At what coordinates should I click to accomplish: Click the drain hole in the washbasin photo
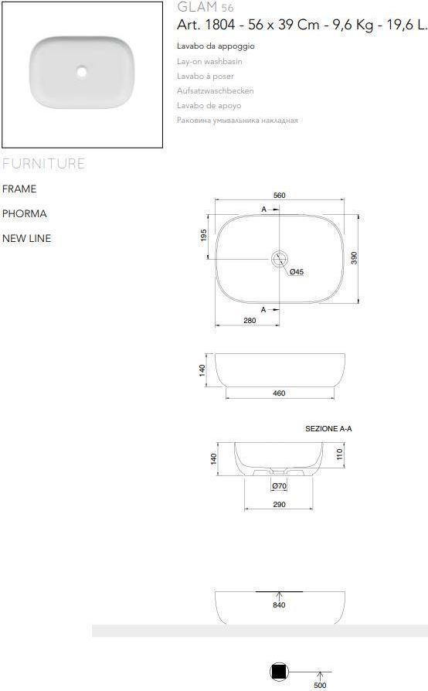82,72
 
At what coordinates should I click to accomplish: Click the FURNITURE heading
43,164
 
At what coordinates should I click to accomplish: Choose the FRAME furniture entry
19,189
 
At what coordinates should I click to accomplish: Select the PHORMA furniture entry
24,213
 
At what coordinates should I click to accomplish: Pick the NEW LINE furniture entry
26,238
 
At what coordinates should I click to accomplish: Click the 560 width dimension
279,196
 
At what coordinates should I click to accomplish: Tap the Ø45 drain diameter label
297,272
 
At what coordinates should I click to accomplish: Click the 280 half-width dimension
249,320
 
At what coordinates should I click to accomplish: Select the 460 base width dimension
279,393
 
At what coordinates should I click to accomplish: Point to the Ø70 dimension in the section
279,486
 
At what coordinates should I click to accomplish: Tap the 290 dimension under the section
279,505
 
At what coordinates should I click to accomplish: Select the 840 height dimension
279,605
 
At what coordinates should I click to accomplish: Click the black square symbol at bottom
279,672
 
